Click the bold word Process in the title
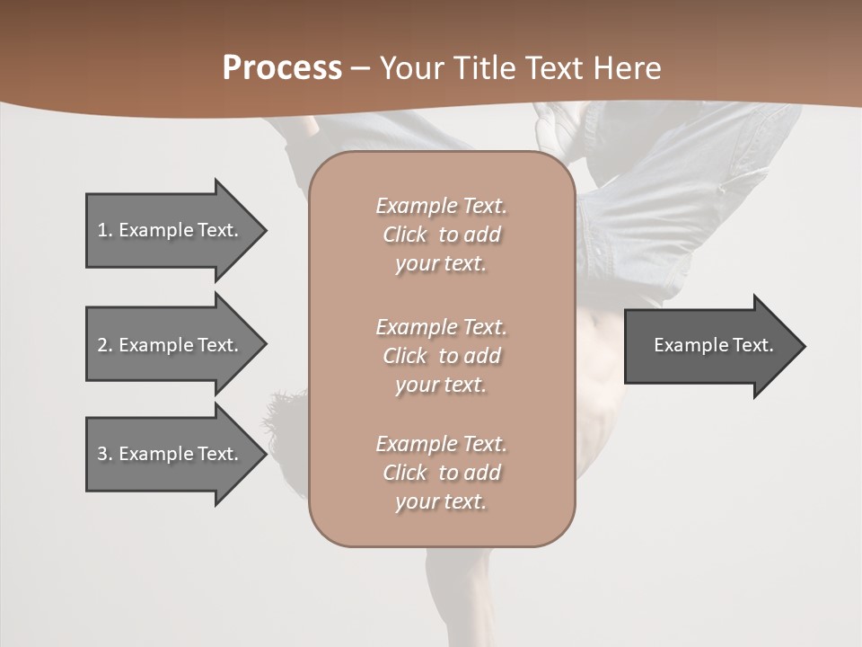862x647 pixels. click(x=282, y=68)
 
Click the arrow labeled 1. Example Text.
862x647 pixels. click(x=171, y=230)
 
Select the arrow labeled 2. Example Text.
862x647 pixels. click(x=171, y=345)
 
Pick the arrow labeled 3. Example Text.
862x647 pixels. click(x=171, y=454)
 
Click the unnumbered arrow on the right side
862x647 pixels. click(x=709, y=345)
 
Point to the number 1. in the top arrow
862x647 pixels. click(x=105, y=230)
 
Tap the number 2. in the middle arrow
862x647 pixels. click(x=105, y=345)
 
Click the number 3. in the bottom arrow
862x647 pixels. click(x=105, y=454)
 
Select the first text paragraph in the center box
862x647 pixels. click(x=441, y=235)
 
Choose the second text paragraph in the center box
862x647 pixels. click(x=441, y=356)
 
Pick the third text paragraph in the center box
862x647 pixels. click(x=441, y=473)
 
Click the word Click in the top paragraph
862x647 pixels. click(x=405, y=235)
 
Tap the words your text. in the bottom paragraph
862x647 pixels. click(x=441, y=501)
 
